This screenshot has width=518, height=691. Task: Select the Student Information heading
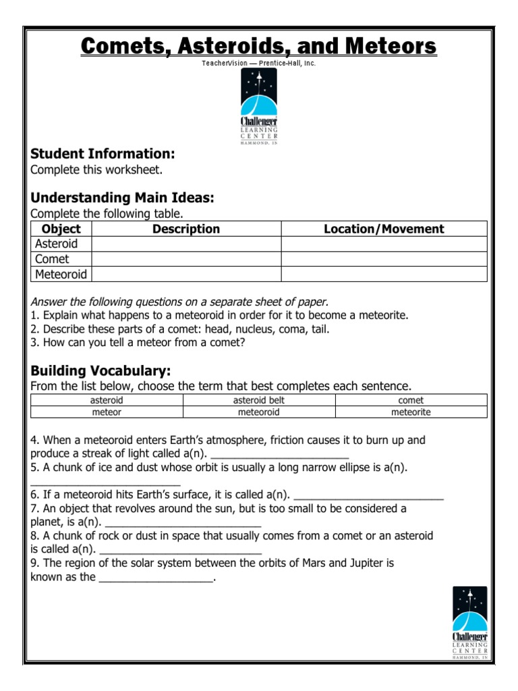pos(103,153)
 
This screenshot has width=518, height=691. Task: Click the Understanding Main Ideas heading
pos(122,198)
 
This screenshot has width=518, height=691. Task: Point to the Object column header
pos(61,229)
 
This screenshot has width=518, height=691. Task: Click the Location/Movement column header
pos(384,229)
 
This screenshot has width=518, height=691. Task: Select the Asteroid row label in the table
pos(57,244)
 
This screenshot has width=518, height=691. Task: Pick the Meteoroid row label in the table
pos(61,274)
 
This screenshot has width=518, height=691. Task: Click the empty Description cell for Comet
pos(186,259)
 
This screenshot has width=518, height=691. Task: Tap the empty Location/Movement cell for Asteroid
pos(384,244)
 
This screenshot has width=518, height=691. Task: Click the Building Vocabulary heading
pos(100,371)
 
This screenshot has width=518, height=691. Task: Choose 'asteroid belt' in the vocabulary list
pos(259,400)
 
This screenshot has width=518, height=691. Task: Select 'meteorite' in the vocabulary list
pos(411,412)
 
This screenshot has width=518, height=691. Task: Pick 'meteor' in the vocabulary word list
pos(107,412)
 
